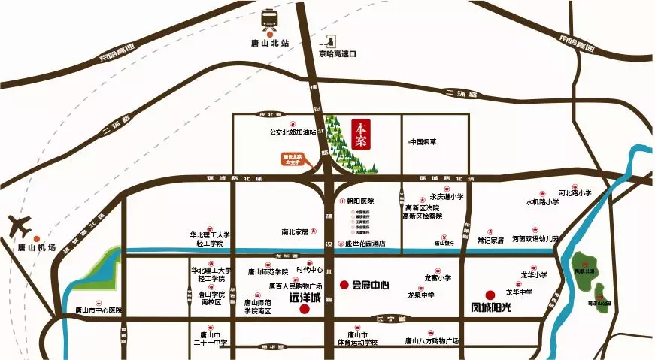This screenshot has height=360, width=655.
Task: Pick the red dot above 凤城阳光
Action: point(490,295)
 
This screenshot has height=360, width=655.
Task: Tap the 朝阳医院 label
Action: point(359,201)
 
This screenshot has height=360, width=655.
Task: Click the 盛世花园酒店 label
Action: point(365,243)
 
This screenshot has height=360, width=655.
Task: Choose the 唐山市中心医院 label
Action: point(99,310)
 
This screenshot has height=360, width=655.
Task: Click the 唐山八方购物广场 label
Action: point(432,341)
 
